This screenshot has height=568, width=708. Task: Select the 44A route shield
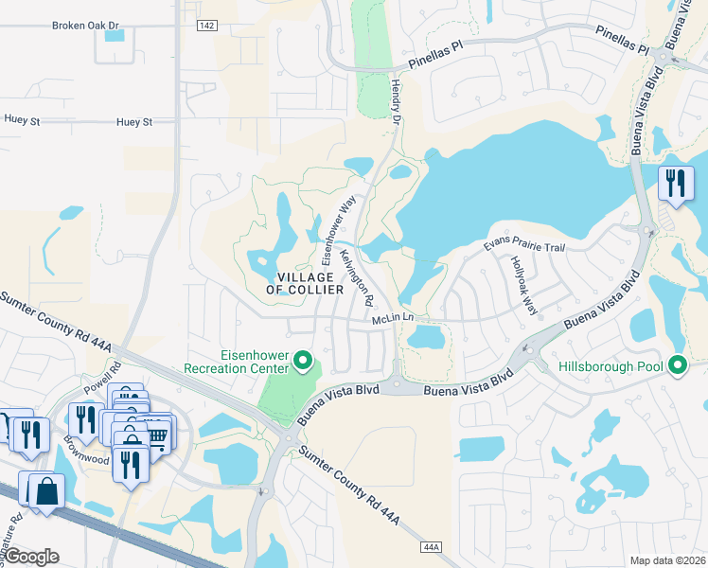pos(431,547)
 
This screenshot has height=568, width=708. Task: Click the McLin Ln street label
pos(395,319)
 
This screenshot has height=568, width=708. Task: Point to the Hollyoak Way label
pos(523,285)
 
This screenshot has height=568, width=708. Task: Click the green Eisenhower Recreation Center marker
pos(303,360)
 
